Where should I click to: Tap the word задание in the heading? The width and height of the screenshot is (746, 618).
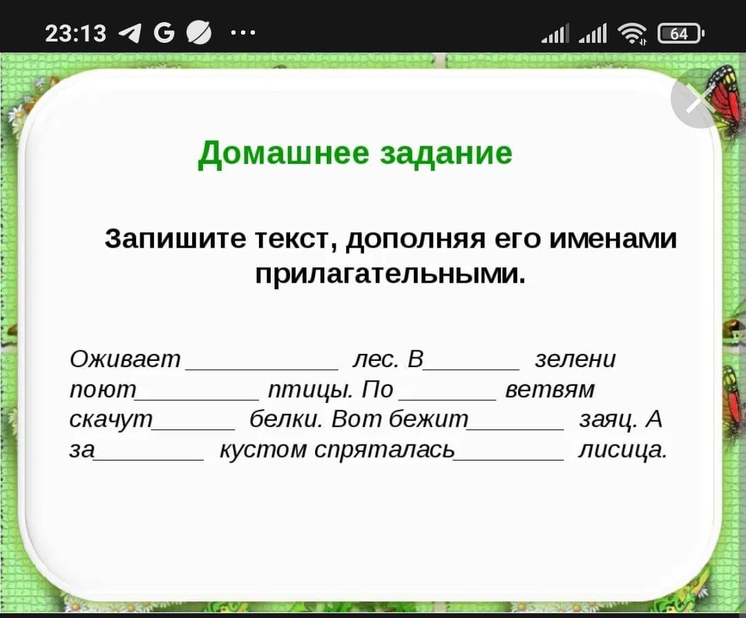tap(446, 153)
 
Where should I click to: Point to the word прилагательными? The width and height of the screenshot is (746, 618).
tap(390, 273)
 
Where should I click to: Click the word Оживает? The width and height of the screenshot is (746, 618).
tap(125, 359)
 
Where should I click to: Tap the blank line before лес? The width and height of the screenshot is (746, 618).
tap(262, 369)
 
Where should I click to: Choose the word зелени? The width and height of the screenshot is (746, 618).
tap(575, 359)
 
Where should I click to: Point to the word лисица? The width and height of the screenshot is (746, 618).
tap(623, 450)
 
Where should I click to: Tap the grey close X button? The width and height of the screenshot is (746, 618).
tap(700, 99)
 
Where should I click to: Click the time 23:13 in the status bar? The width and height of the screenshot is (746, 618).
tap(76, 33)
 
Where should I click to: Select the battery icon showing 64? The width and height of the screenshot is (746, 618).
tap(680, 33)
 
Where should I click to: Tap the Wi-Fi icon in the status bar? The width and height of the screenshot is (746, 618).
tap(632, 33)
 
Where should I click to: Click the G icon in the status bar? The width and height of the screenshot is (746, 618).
tap(164, 33)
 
